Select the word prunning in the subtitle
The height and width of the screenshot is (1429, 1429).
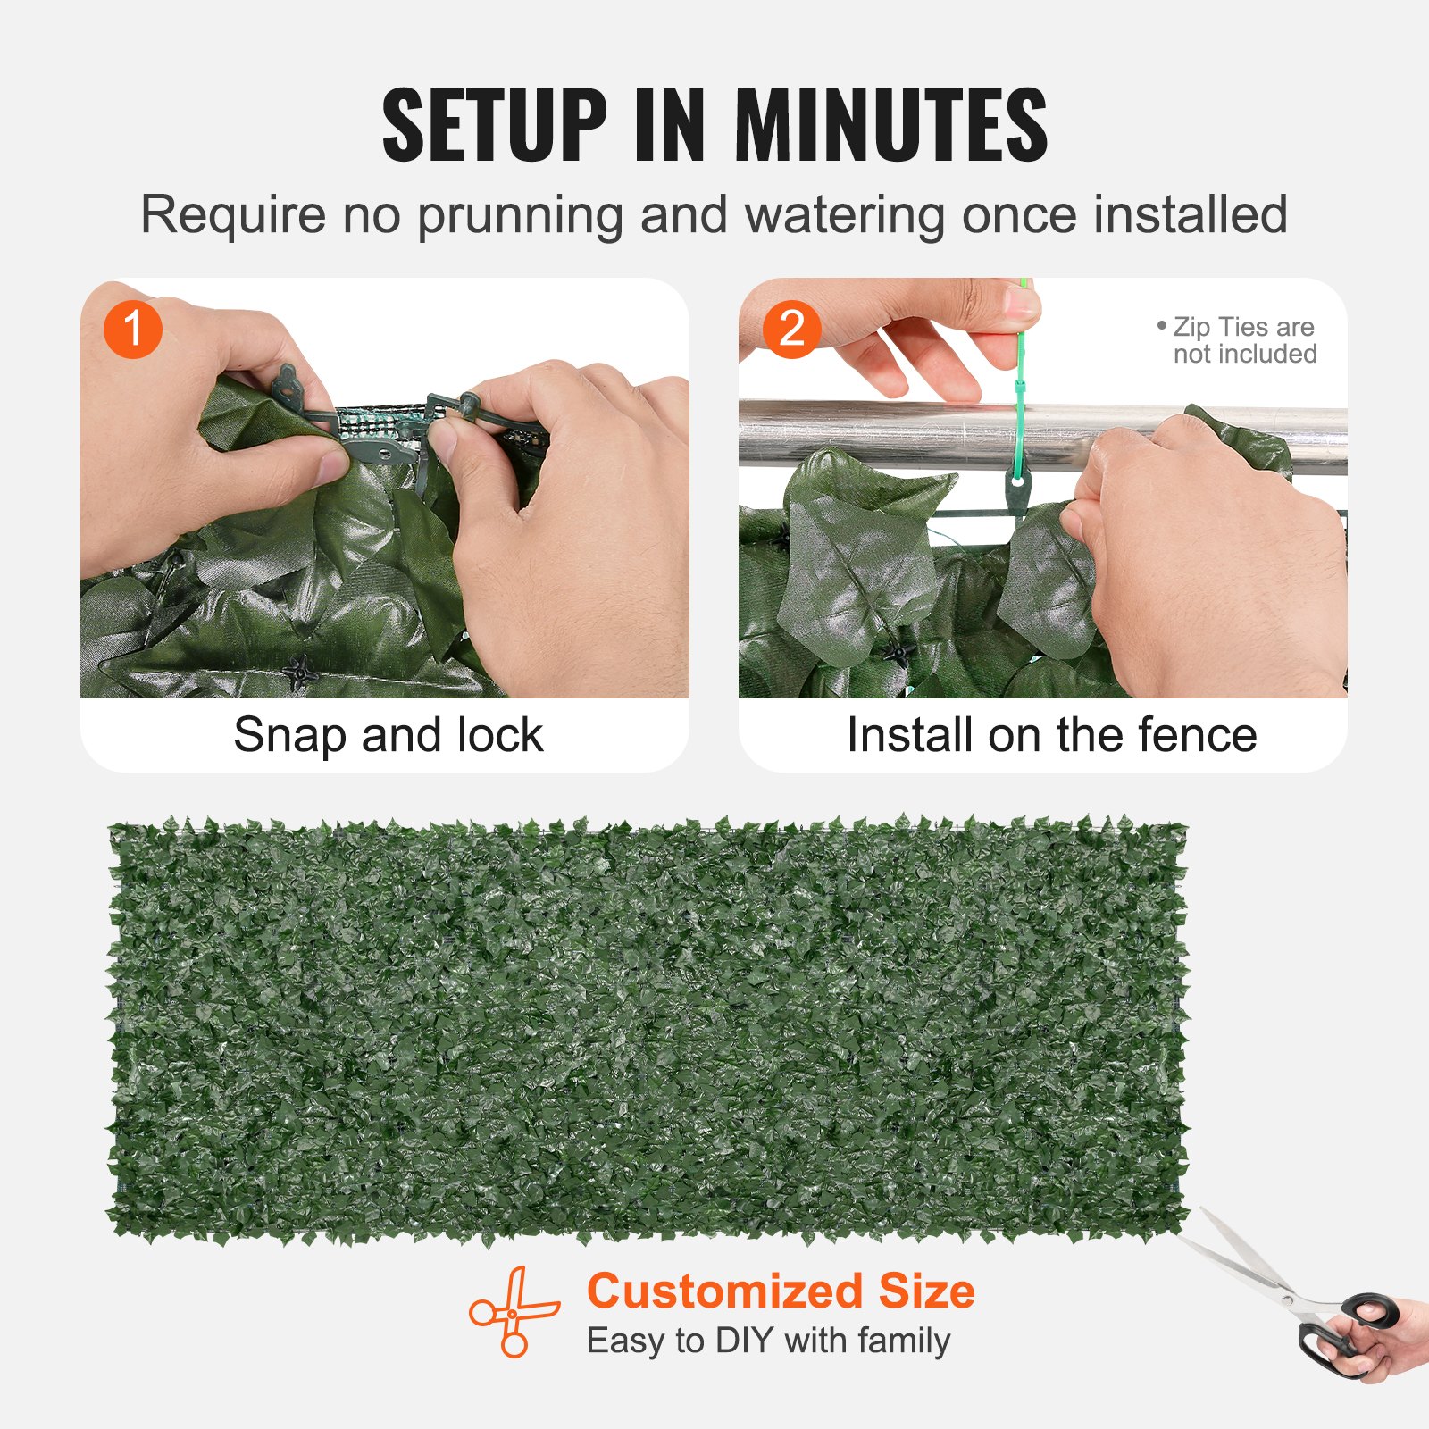click(520, 216)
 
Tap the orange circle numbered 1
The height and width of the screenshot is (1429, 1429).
click(132, 329)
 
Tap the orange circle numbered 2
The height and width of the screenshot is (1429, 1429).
click(791, 329)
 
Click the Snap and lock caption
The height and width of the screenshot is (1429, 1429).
click(388, 735)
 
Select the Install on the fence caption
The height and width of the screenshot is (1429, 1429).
click(1051, 735)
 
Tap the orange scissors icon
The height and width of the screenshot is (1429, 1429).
click(514, 1311)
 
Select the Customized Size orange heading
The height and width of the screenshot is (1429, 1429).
click(781, 1291)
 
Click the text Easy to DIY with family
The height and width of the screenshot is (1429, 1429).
click(768, 1341)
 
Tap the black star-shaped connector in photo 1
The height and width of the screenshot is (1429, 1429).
click(299, 671)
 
